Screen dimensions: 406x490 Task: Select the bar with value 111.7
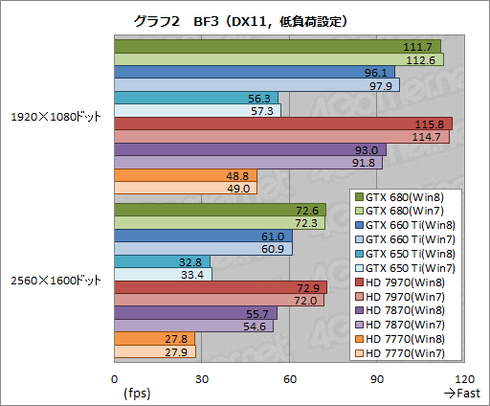pyautogui.click(x=277, y=46)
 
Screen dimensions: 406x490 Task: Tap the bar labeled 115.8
pyautogui.click(x=282, y=124)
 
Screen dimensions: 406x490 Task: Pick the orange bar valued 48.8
pyautogui.click(x=185, y=176)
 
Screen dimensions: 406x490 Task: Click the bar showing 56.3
pyautogui.click(x=195, y=98)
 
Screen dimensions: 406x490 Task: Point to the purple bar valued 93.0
pyautogui.click(x=249, y=150)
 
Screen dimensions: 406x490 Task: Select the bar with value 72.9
pyautogui.click(x=220, y=287)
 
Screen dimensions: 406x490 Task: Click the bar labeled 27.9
pyautogui.click(x=154, y=351)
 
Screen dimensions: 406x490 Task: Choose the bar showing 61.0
pyautogui.click(x=203, y=236)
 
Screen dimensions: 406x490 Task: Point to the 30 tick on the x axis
pyautogui.click(x=202, y=378)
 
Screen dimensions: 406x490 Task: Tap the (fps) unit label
pyautogui.click(x=138, y=393)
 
